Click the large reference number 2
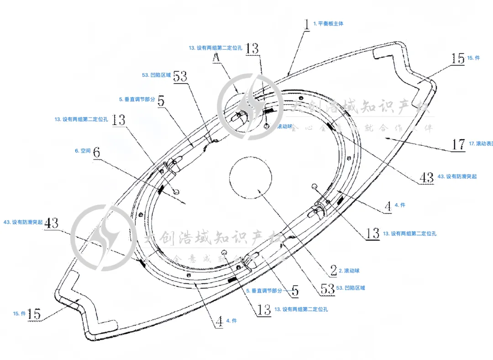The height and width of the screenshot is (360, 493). (333, 270)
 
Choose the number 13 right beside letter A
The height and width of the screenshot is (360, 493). (252, 48)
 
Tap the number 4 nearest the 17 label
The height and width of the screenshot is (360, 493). (388, 206)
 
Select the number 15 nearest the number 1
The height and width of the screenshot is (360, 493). (458, 58)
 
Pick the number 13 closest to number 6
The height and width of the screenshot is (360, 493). (118, 120)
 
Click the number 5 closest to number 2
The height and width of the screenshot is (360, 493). (295, 290)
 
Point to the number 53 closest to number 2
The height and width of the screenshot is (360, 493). (328, 288)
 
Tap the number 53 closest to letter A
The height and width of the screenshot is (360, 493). (180, 76)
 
